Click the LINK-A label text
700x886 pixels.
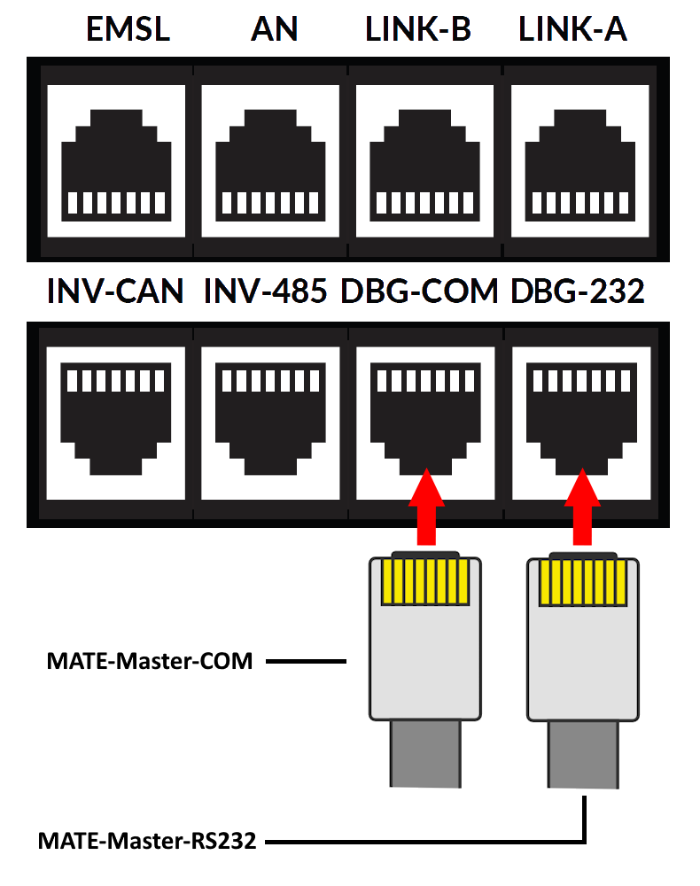coord(574,29)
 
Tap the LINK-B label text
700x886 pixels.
coord(419,29)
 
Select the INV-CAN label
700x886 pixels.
coord(115,291)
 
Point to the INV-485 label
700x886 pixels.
coord(267,291)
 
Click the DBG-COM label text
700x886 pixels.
coord(419,291)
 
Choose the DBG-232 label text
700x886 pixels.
coord(578,291)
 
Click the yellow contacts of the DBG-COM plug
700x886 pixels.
coord(425,582)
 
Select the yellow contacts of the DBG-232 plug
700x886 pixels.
coord(582,582)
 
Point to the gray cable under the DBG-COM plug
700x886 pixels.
coord(425,753)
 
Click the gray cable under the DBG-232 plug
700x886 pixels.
coord(582,753)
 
